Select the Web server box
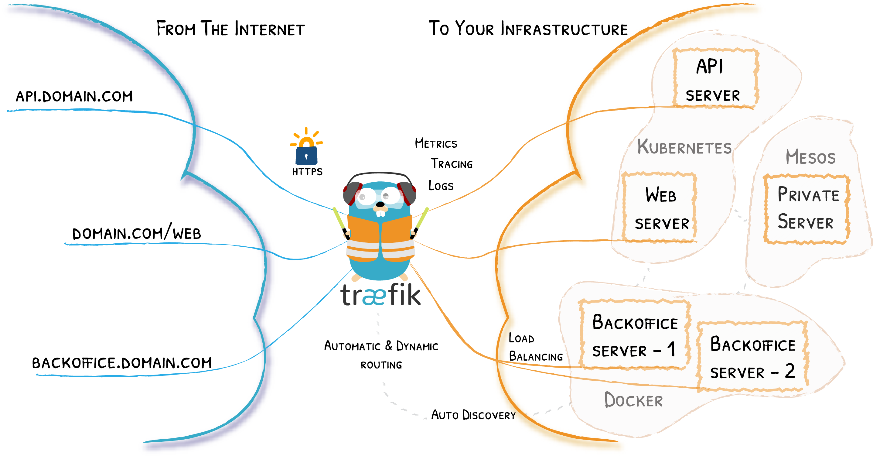click(660, 207)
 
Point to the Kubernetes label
click(684, 147)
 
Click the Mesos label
click(810, 157)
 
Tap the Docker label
click(633, 400)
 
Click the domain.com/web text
click(137, 233)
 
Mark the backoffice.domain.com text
click(122, 363)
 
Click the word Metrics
click(436, 143)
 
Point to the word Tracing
click(452, 164)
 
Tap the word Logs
click(441, 185)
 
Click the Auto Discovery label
click(473, 415)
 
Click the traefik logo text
click(380, 295)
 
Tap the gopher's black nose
click(380, 204)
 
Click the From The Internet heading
click(230, 29)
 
